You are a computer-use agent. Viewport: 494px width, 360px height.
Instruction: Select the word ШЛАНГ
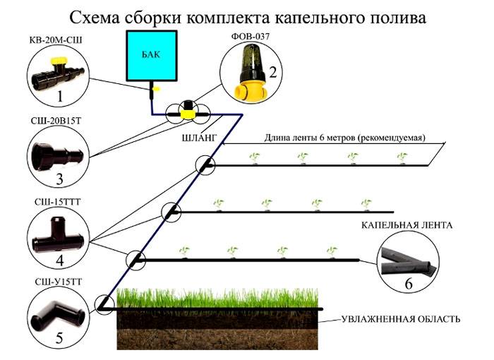pos(198,137)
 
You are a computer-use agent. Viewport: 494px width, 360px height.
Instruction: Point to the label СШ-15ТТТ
pos(54,203)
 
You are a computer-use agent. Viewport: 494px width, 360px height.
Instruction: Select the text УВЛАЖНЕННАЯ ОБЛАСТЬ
pos(401,319)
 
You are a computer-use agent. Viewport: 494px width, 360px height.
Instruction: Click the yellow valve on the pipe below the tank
pos(188,112)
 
